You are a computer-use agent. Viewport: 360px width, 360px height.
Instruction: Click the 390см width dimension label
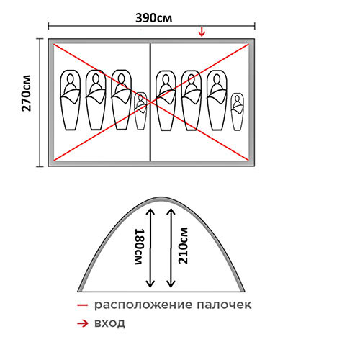(153, 18)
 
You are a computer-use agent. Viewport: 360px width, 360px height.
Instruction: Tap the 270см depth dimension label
(27, 94)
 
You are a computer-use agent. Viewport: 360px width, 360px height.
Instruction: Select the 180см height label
(140, 247)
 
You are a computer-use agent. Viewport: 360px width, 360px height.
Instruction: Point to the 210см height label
(183, 246)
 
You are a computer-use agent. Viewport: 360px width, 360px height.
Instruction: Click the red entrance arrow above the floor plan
(202, 32)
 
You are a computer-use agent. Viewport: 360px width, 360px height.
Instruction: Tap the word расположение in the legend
(143, 305)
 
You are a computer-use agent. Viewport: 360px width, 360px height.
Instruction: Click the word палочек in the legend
(224, 305)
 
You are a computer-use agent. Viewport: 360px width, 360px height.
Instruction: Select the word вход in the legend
(109, 323)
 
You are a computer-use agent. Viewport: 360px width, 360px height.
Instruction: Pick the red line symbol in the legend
(83, 305)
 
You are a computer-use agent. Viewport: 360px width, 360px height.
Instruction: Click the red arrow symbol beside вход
(83, 324)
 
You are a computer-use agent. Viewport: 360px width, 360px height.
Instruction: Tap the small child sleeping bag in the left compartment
(140, 111)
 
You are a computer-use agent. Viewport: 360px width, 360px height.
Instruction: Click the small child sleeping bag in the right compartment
(238, 112)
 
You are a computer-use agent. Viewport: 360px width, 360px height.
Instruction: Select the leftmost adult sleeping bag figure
(71, 100)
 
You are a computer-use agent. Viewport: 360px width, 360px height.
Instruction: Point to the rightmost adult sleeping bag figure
(217, 100)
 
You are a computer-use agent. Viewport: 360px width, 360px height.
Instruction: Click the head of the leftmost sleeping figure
(71, 78)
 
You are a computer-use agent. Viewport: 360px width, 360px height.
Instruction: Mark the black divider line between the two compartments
(150, 102)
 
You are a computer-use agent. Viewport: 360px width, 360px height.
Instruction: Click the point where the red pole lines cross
(150, 102)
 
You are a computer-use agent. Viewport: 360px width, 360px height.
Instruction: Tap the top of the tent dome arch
(161, 198)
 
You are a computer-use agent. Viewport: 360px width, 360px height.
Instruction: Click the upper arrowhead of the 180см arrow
(150, 211)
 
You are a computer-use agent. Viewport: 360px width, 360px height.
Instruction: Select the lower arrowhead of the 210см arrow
(171, 284)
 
